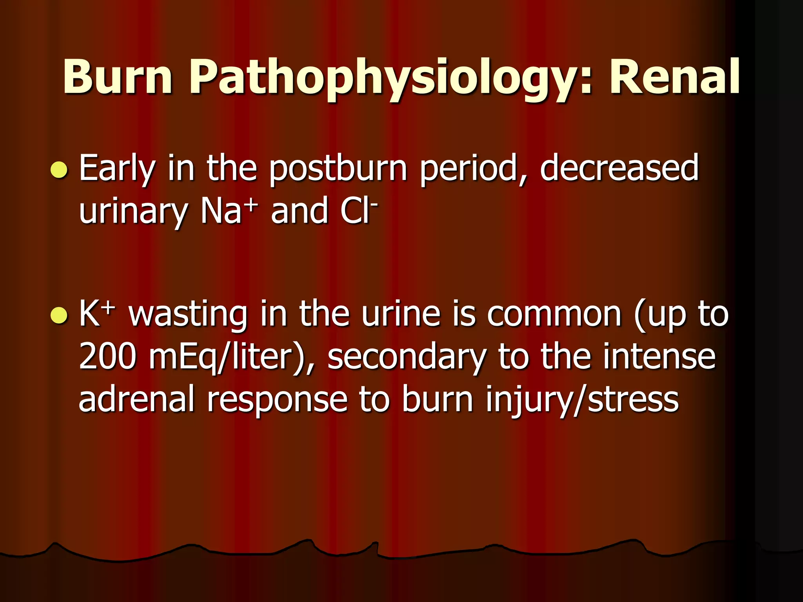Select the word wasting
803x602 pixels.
(x=188, y=316)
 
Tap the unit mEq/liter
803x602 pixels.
(x=227, y=357)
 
